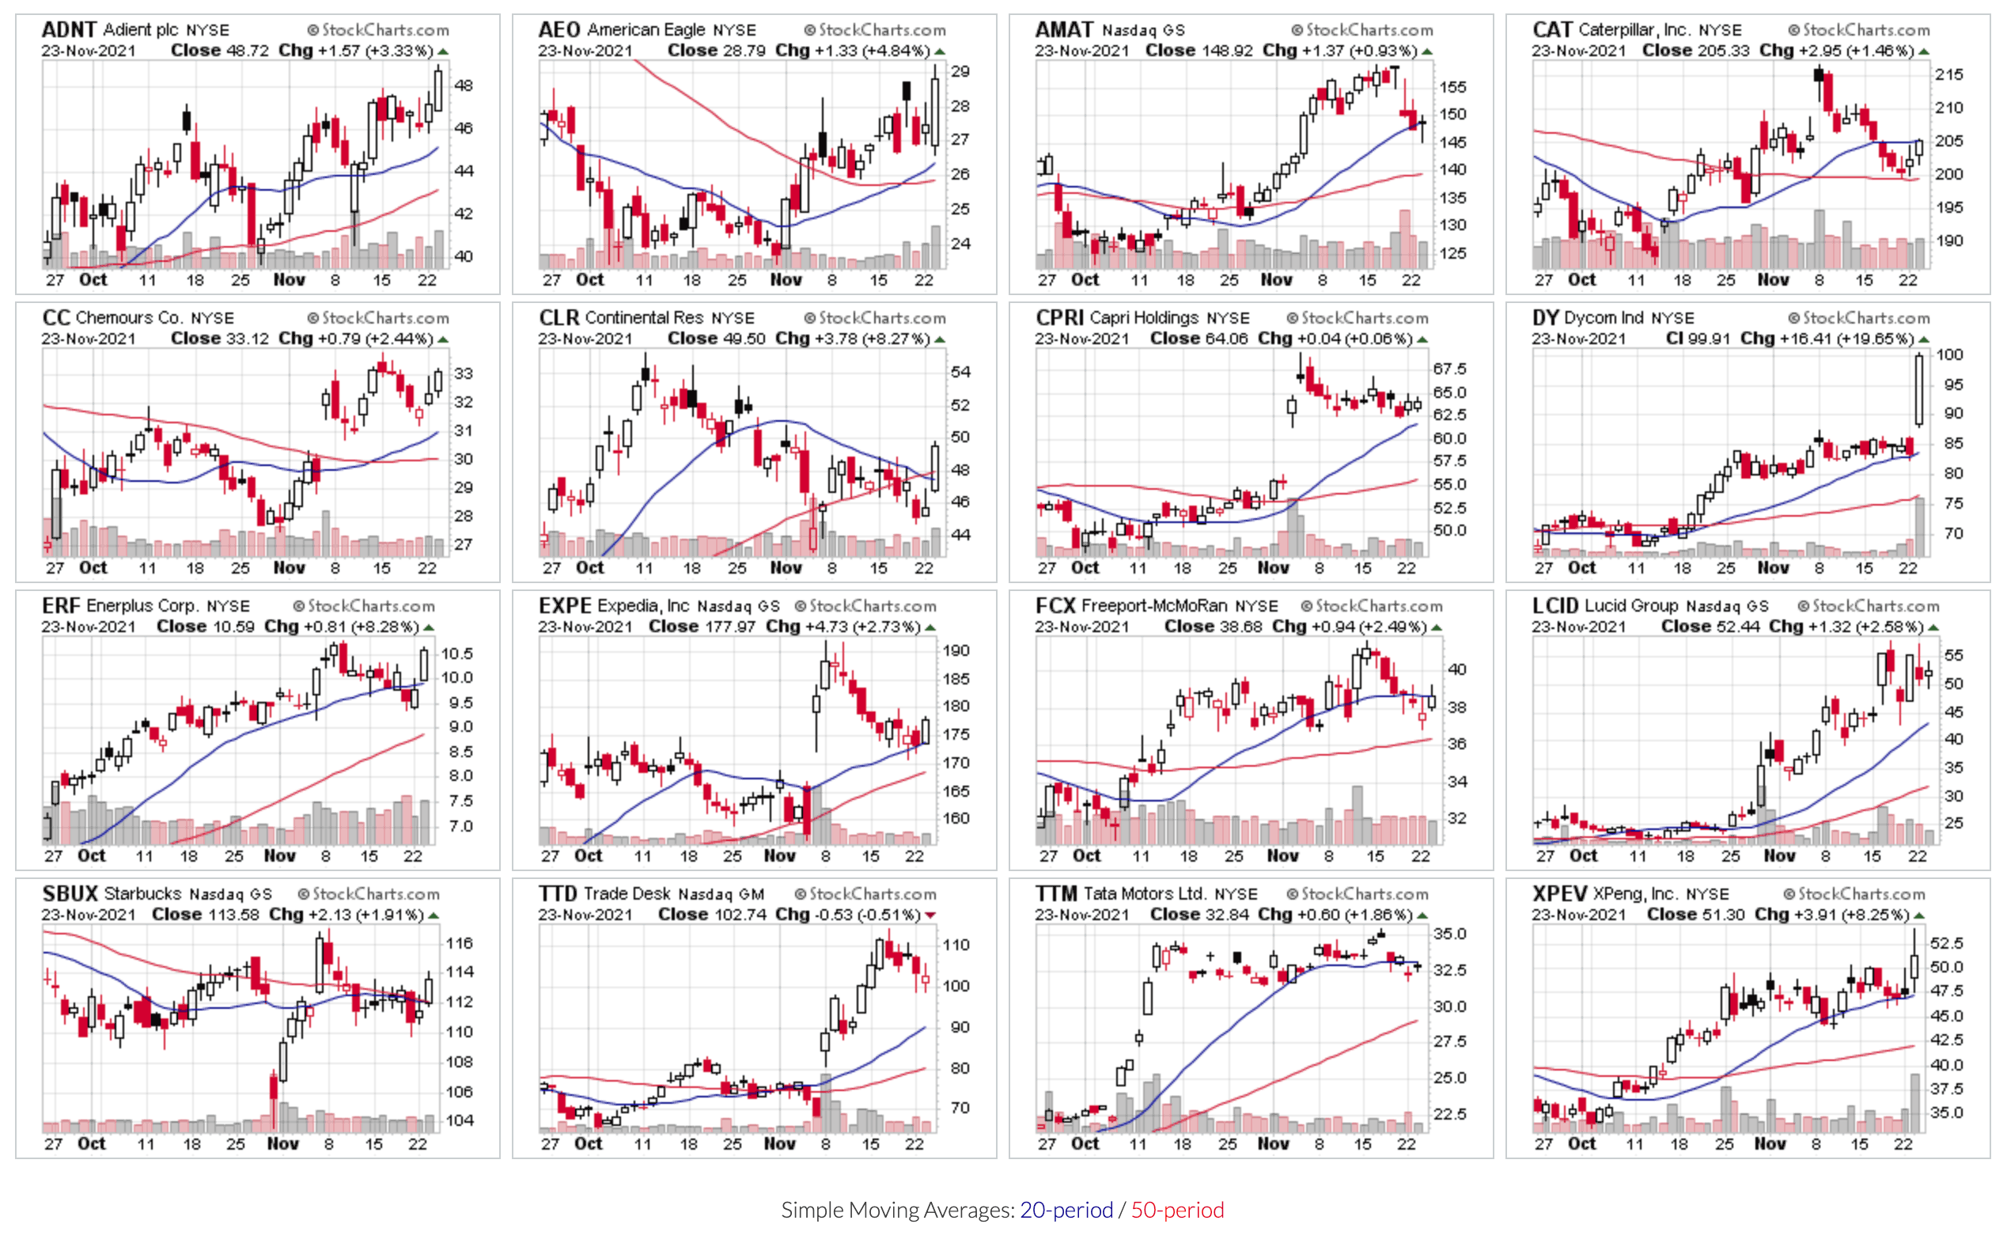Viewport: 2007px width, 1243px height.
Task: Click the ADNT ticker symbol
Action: pyautogui.click(x=69, y=29)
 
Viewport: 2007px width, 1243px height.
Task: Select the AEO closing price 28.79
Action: pyautogui.click(x=743, y=50)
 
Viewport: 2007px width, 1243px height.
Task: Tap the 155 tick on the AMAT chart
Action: pyautogui.click(x=1453, y=86)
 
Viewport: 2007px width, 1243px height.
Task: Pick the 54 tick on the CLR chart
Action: pyautogui.click(x=960, y=372)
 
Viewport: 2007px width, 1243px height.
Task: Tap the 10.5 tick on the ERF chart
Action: pyautogui.click(x=457, y=654)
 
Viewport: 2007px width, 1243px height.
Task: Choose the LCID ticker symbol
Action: pyautogui.click(x=1555, y=606)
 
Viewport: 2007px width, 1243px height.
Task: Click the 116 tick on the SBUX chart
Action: pyautogui.click(x=460, y=943)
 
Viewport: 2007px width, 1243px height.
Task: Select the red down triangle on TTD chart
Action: pyautogui.click(x=930, y=915)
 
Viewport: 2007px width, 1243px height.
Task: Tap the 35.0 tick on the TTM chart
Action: pyautogui.click(x=1450, y=933)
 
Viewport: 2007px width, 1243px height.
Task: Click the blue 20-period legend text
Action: pyautogui.click(x=1066, y=1209)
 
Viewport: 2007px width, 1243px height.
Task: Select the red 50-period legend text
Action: pyautogui.click(x=1177, y=1209)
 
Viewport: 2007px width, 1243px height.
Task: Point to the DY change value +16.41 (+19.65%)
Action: pyautogui.click(x=1845, y=339)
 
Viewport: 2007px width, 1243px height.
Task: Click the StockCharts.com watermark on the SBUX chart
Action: pyautogui.click(x=368, y=893)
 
